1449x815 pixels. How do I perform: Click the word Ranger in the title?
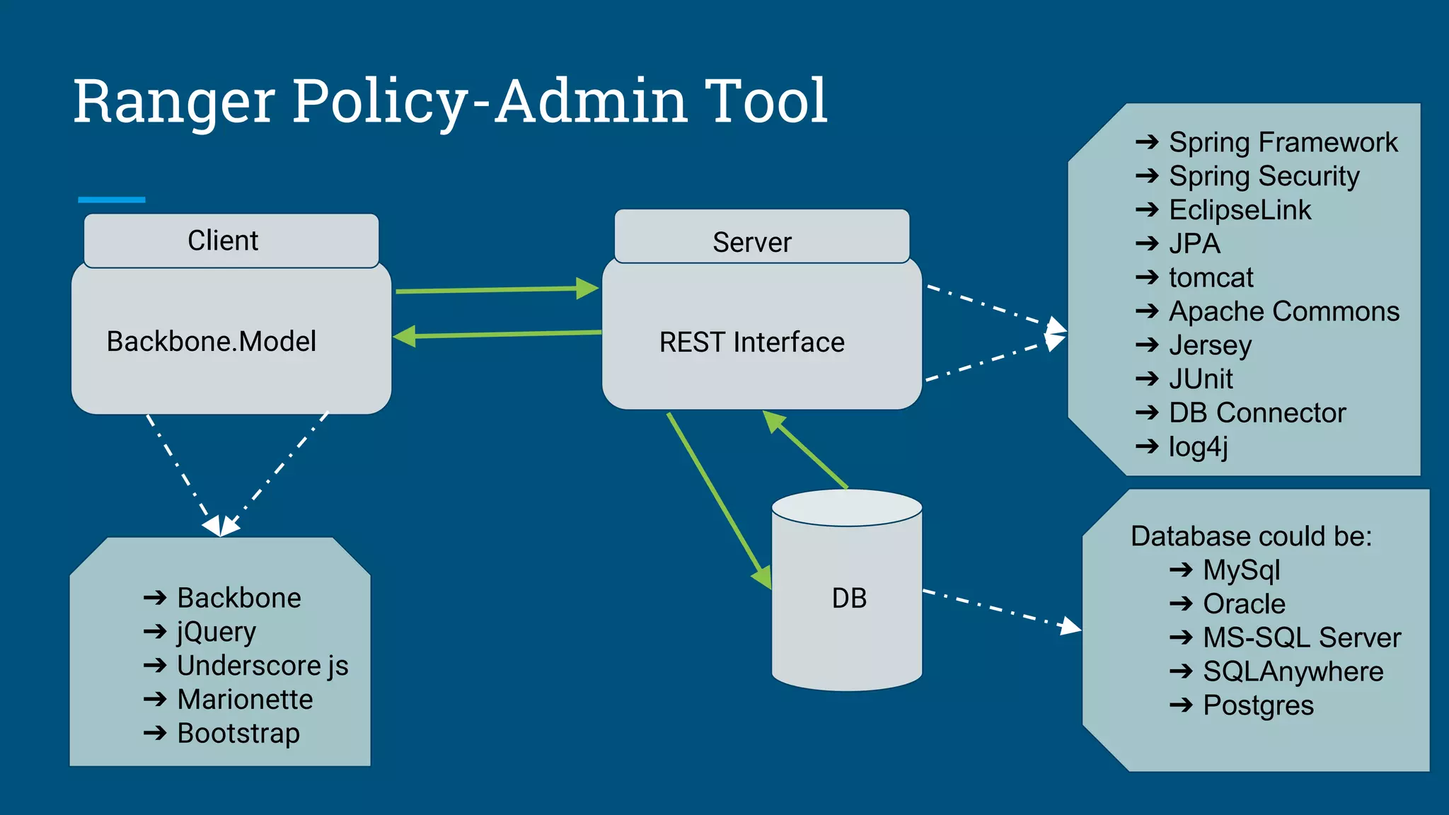click(174, 101)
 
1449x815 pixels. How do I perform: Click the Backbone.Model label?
click(211, 342)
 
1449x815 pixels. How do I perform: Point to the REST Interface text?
click(751, 342)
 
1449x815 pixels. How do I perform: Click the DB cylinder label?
click(848, 599)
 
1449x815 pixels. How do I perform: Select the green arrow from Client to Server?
click(495, 289)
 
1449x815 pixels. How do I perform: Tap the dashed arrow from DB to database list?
click(1001, 609)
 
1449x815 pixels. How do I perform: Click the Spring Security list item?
click(1264, 176)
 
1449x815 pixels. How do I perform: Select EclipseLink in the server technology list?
click(1240, 210)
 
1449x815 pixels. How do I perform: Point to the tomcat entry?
click(1211, 277)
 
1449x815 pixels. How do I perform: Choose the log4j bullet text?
click(1198, 446)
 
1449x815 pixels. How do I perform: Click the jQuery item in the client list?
click(216, 632)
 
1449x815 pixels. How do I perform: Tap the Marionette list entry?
click(245, 700)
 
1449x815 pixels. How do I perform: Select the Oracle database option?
click(1244, 604)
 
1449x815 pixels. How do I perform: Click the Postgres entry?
click(1258, 706)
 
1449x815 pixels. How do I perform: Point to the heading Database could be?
click(1251, 536)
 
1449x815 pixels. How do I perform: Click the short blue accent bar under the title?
click(112, 200)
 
